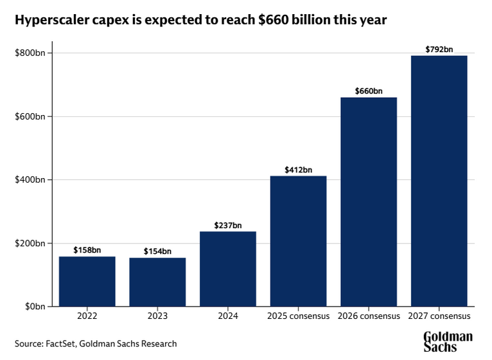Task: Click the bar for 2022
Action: (87, 282)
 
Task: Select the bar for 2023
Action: (157, 282)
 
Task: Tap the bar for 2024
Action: (228, 269)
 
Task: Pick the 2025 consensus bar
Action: (298, 241)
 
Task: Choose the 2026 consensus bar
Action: (369, 202)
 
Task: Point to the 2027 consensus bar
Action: (439, 181)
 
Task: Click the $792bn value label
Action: (439, 49)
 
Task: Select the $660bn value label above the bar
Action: (369, 91)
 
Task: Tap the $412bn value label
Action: (298, 170)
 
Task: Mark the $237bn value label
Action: (228, 225)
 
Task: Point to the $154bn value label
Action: (157, 251)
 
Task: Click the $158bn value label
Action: (87, 250)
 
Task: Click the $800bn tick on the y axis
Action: (30, 53)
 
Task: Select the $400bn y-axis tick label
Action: (30, 180)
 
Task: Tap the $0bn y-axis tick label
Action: (34, 307)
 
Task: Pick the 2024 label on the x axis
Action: (228, 317)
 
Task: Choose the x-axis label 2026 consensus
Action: (369, 317)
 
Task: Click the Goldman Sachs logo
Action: (448, 342)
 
